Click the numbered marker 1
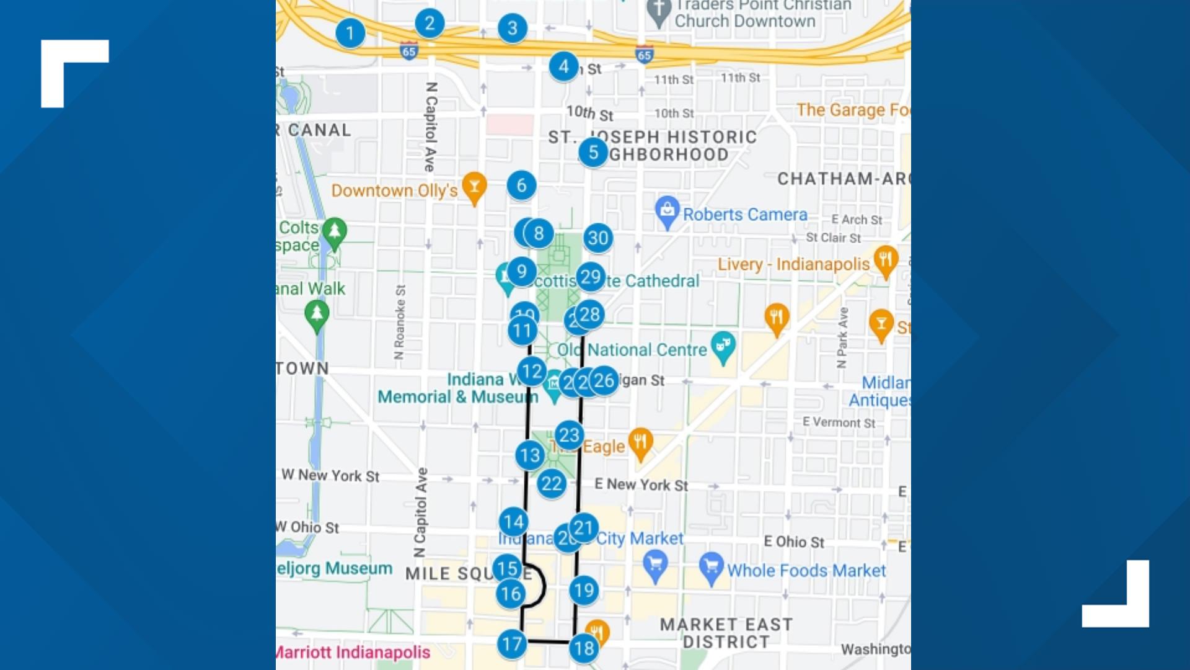coord(350,33)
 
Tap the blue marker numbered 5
coord(593,152)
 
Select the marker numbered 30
coord(598,238)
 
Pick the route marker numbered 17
coord(512,644)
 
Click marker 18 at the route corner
coord(584,648)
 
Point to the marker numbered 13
coord(530,455)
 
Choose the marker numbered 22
coord(551,483)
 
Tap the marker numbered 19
coord(584,590)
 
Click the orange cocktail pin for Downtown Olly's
coord(474,186)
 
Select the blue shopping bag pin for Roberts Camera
coord(667,211)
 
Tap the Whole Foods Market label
coord(806,570)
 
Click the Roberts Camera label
coord(745,215)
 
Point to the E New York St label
coord(641,485)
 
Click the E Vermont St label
coord(839,422)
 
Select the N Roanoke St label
coord(400,322)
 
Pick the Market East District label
coord(726,633)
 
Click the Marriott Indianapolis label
coord(353,652)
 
